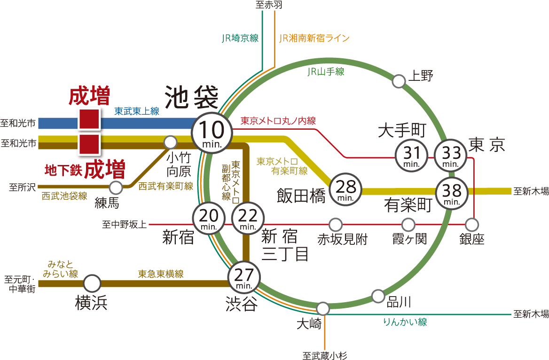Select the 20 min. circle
tap(208, 219)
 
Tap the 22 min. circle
tap(248, 219)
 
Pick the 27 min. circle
tap(244, 277)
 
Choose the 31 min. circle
tap(412, 156)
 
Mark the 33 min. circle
tap(451, 156)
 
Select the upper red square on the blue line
tap(89, 119)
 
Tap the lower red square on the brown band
tap(89, 144)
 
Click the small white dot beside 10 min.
tap(170, 141)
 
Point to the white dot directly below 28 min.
tap(335, 225)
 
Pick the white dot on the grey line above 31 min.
tap(399, 81)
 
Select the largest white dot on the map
tap(92, 283)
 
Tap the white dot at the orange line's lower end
tap(322, 309)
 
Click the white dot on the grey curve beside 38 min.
tap(471, 225)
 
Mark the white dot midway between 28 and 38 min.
tap(408, 225)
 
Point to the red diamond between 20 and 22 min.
tap(228, 225)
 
